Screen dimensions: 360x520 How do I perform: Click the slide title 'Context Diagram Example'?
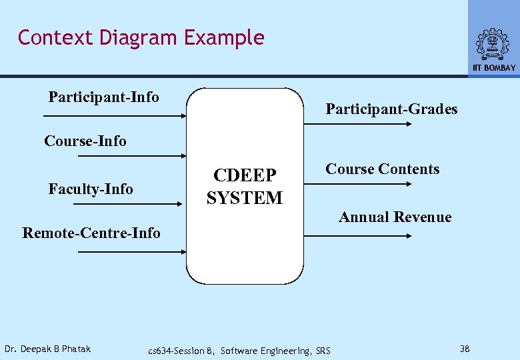pyautogui.click(x=141, y=38)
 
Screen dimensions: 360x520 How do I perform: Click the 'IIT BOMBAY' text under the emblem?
pyautogui.click(x=494, y=68)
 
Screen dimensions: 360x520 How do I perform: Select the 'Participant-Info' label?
pyautogui.click(x=104, y=97)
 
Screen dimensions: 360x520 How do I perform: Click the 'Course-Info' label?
pyautogui.click(x=85, y=141)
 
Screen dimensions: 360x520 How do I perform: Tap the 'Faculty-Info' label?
pyautogui.click(x=91, y=189)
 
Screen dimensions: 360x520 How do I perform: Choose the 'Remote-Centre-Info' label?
pyautogui.click(x=91, y=233)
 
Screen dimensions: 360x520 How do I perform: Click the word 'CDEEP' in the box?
pyautogui.click(x=244, y=175)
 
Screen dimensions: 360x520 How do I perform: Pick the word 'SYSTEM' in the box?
pyautogui.click(x=244, y=198)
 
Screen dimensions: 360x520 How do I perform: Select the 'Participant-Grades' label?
pyautogui.click(x=391, y=109)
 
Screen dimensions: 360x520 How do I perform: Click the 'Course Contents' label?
pyautogui.click(x=382, y=169)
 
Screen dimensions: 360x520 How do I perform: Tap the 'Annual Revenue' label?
pyautogui.click(x=395, y=217)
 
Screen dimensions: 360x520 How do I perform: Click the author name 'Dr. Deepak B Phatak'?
pyautogui.click(x=47, y=349)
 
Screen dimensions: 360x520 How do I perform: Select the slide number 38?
pyautogui.click(x=465, y=349)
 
